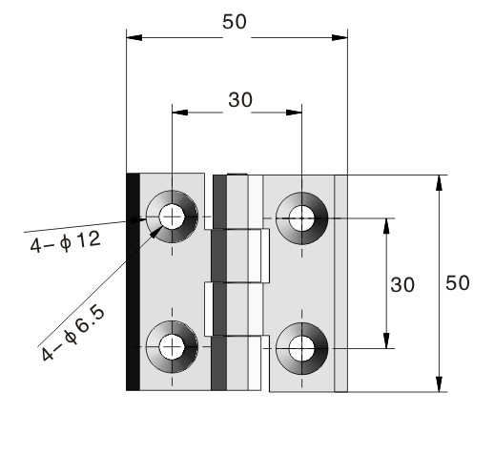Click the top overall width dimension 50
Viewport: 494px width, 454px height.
[235, 22]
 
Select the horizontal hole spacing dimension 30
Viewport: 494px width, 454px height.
[240, 100]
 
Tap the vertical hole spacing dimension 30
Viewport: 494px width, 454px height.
[402, 284]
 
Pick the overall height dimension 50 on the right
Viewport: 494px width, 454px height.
[458, 283]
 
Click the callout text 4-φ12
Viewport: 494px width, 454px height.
[66, 241]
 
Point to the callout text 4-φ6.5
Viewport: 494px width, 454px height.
[72, 333]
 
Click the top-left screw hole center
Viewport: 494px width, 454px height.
[172, 217]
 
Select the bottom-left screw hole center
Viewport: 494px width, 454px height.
[172, 347]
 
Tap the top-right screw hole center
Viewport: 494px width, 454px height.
[301, 218]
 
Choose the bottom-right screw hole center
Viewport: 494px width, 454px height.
[301, 349]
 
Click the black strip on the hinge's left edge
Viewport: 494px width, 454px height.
[133, 281]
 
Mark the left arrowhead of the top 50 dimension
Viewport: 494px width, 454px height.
[134, 37]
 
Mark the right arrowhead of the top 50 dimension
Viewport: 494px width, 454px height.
[340, 37]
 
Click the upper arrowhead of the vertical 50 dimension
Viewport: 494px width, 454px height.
[439, 183]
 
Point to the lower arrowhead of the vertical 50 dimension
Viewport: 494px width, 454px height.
[439, 384]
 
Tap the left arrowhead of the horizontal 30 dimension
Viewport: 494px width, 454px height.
[180, 113]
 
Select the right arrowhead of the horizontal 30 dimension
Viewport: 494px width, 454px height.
[294, 113]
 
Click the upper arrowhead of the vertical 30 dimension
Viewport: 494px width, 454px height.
[386, 226]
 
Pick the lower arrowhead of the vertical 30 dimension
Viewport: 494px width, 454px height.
[386, 340]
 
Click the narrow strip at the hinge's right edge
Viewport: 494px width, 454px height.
[340, 283]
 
